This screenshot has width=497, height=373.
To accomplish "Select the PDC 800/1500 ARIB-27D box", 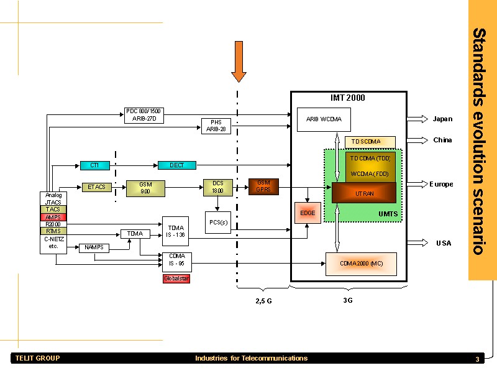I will tap(144, 115).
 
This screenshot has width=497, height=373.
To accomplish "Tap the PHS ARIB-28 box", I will tap(216, 126).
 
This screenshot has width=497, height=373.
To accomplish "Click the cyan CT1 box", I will tap(95, 165).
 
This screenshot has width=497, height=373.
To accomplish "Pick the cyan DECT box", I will tap(176, 165).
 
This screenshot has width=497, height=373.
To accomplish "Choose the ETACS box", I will tap(96, 186).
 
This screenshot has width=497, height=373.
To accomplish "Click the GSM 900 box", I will tap(145, 188).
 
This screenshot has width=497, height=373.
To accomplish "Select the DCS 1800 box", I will tap(218, 187).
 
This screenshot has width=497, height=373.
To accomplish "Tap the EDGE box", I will tap(308, 213).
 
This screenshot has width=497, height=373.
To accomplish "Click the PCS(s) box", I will tap(218, 222).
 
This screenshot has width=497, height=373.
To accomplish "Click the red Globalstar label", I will tap(176, 279).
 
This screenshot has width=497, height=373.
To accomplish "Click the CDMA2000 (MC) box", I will tap(361, 264).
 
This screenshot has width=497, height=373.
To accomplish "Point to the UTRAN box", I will tap(364, 193).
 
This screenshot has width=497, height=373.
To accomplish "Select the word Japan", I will tap(442, 119).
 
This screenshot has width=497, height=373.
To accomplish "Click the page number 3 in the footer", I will tap(477, 359).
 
